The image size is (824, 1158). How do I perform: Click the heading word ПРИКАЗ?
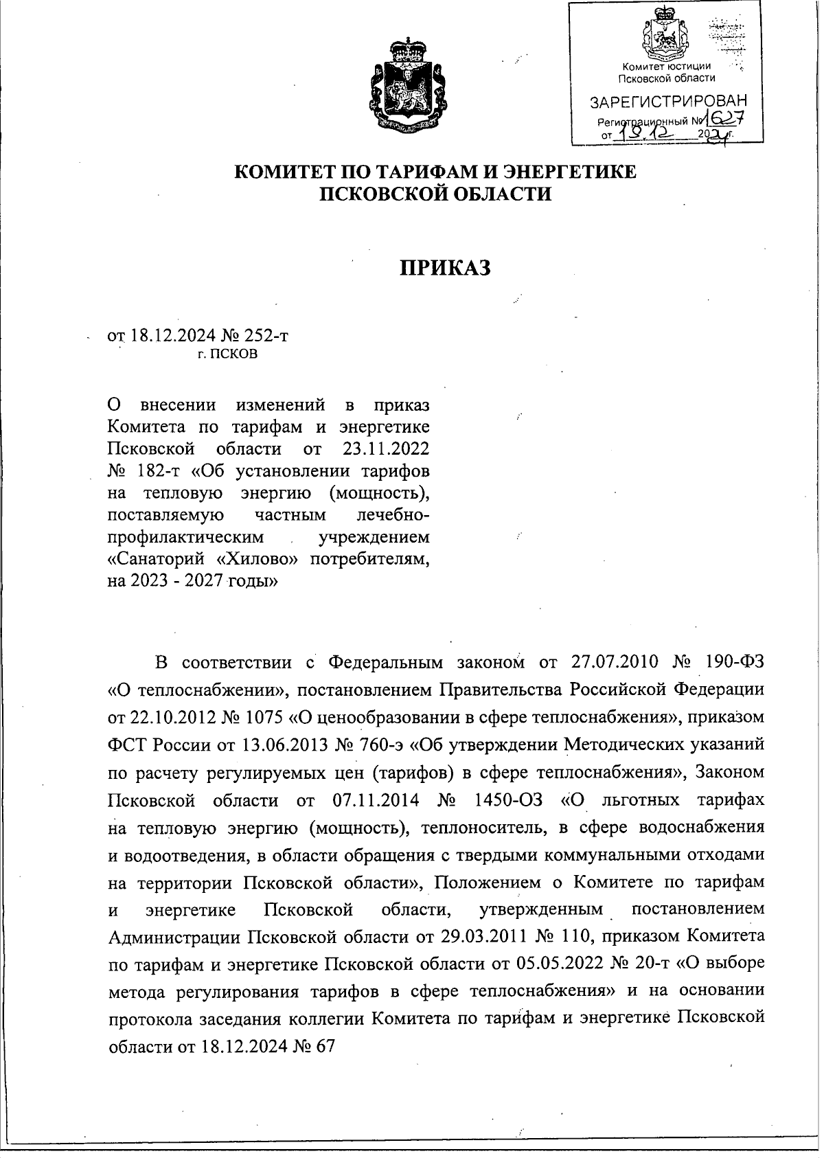(446, 268)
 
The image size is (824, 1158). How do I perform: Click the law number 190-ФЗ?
(734, 661)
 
